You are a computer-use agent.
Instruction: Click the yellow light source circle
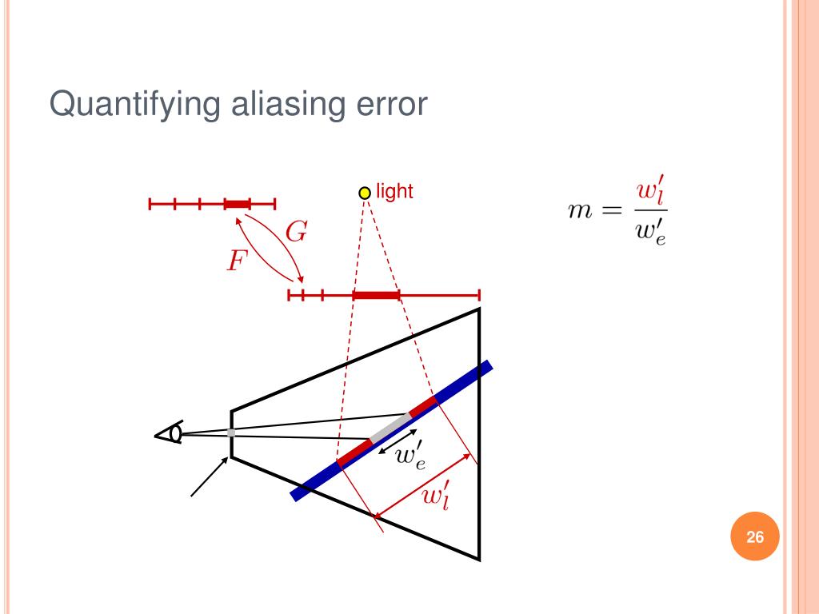365,193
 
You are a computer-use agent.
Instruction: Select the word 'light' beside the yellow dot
394,192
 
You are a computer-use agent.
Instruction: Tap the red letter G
295,233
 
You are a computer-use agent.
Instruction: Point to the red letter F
238,261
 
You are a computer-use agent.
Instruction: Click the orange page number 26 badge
756,537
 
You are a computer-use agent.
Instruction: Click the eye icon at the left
170,434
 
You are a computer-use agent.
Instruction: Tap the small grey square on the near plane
231,433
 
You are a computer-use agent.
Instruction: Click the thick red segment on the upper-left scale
238,205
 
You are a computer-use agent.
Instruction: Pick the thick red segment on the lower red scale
376,295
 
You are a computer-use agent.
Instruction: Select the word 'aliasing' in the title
278,106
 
